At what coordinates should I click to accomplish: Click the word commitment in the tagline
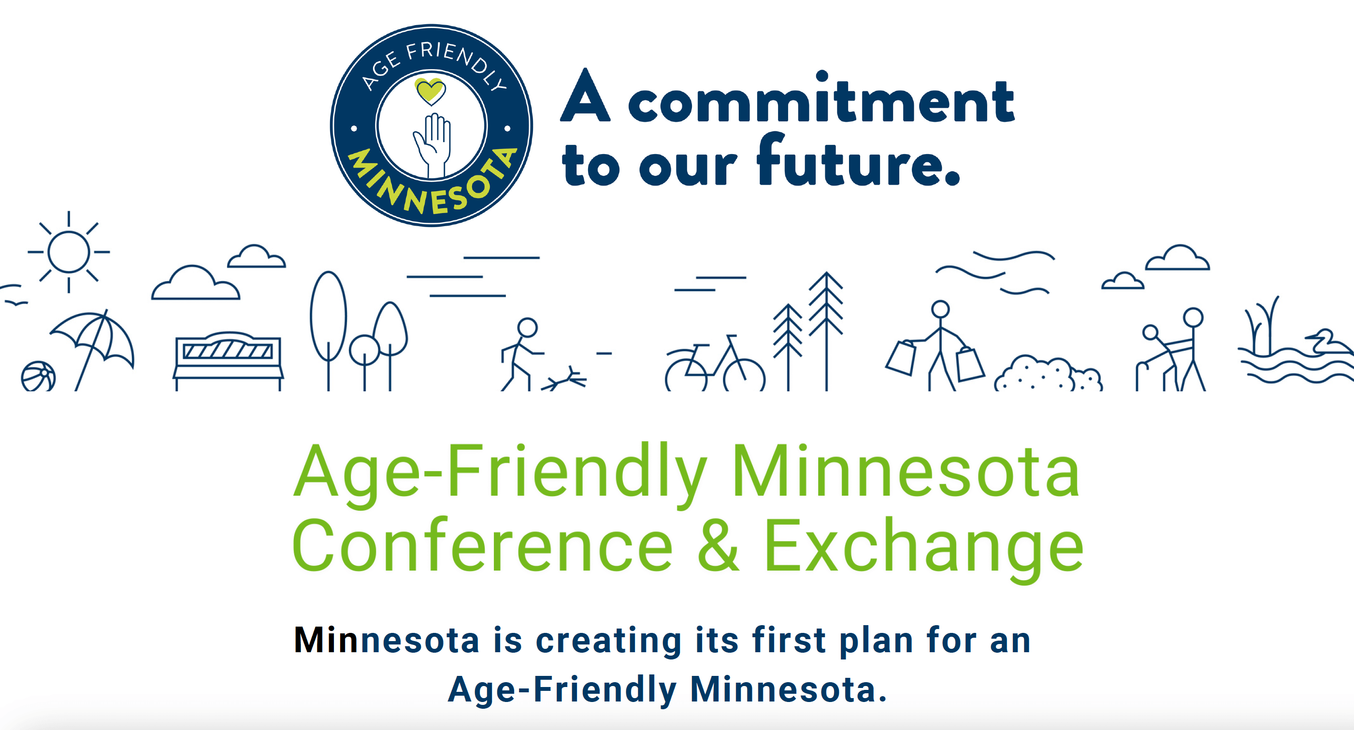tap(821, 100)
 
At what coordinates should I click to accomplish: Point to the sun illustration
tap(68, 252)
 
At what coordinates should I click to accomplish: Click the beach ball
tap(38, 376)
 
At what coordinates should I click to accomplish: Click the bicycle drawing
tap(715, 365)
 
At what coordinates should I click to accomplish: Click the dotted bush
tap(1048, 374)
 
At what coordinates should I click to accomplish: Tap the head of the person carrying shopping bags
tap(940, 309)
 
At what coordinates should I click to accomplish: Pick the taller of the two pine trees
tap(826, 326)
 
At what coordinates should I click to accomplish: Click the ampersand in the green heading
tap(718, 544)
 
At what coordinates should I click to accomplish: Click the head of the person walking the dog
tap(527, 328)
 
